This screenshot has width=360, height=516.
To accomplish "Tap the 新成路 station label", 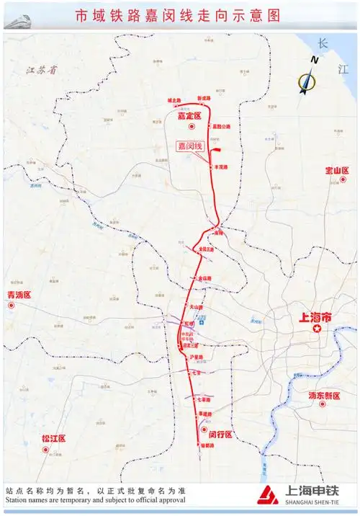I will (x=204, y=98).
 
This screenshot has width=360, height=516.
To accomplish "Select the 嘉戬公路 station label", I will (x=222, y=126).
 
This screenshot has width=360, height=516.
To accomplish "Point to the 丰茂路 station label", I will (x=221, y=166).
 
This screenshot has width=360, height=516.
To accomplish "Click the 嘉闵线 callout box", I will (x=192, y=146).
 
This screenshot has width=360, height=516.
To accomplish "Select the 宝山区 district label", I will (x=337, y=171).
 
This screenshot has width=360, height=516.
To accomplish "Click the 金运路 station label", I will (x=205, y=278).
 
